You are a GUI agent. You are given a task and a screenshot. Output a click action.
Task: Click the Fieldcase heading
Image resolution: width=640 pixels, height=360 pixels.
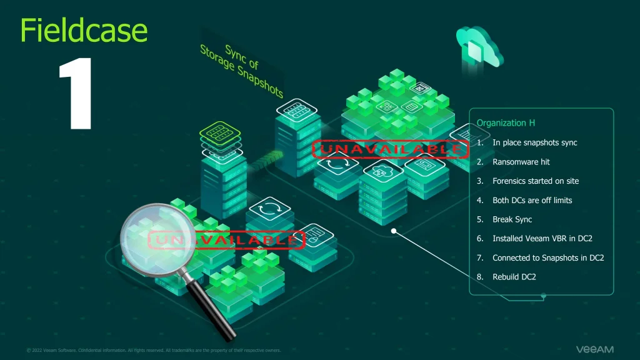84,30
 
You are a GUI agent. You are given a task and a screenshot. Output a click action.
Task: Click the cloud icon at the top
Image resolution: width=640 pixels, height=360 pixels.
479,47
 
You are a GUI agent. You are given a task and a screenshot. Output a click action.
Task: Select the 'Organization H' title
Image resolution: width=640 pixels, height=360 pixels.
506,123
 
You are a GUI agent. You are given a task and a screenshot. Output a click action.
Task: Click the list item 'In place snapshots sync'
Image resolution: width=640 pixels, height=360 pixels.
534,142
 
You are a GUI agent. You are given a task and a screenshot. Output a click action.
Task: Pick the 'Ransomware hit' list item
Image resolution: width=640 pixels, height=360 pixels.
521,162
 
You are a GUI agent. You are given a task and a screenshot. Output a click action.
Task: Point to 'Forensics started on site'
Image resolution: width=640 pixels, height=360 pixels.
535,181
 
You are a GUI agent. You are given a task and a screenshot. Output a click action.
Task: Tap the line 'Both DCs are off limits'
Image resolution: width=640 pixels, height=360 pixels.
532,201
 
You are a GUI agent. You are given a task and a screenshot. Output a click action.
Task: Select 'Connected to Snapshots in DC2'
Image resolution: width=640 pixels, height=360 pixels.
547,258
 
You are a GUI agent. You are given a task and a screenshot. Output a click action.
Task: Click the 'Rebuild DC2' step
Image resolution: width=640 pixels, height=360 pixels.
514,277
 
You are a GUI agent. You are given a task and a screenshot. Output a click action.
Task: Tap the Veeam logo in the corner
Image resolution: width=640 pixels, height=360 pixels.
594,349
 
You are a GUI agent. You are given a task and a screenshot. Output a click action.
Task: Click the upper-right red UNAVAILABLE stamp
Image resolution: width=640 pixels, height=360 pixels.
390,149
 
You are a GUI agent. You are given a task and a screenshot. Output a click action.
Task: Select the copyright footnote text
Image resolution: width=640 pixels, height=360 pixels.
154,350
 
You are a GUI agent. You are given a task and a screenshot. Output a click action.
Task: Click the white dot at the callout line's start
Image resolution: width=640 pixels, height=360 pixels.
394,231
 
